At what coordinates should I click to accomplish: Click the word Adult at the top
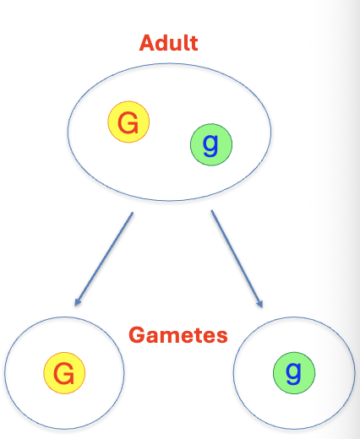[x=168, y=43]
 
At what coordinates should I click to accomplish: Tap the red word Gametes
[x=178, y=335]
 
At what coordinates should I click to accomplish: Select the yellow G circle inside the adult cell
[x=128, y=122]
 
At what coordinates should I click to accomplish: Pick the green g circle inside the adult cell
[x=211, y=144]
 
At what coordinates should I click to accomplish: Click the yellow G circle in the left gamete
[x=64, y=373]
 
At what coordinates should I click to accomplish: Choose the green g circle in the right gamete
[x=294, y=372]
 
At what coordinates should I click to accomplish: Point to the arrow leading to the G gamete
[x=103, y=259]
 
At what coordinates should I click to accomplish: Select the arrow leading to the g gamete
[x=237, y=259]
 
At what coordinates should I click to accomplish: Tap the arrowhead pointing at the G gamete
[x=78, y=301]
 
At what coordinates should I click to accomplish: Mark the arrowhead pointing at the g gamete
[x=260, y=304]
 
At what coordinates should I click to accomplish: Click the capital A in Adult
[x=147, y=43]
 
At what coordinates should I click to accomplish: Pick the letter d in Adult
[x=162, y=43]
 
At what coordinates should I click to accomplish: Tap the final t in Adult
[x=194, y=44]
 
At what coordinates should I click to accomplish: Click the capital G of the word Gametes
[x=137, y=335]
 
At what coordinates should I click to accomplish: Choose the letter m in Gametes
[x=171, y=337]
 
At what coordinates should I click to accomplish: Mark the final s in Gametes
[x=222, y=337]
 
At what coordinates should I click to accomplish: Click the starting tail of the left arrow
[x=133, y=213]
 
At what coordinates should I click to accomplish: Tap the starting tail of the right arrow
[x=212, y=210]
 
